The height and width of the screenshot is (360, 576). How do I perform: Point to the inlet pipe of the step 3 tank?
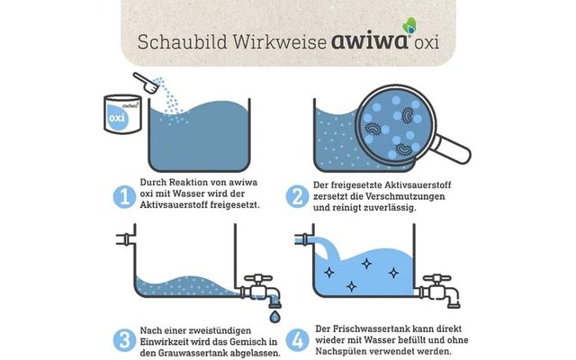123,238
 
